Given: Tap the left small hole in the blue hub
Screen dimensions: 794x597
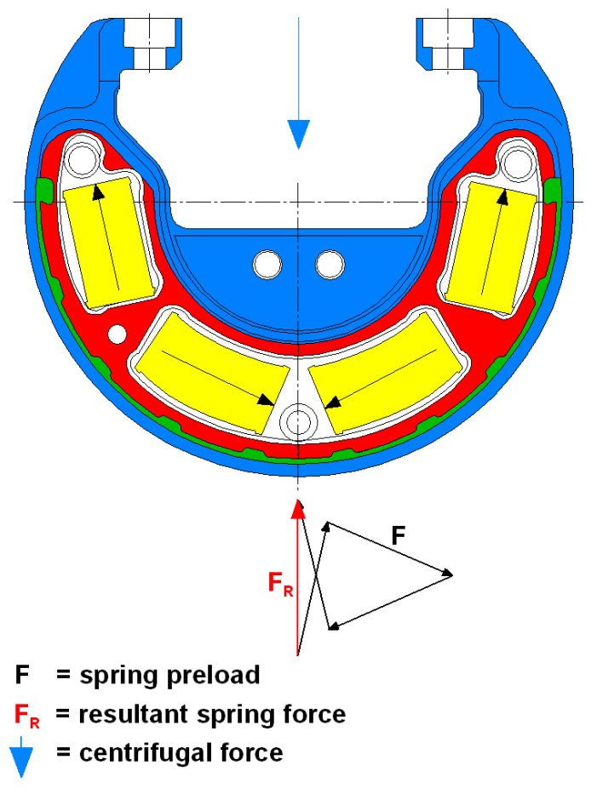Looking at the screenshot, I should click(x=267, y=265).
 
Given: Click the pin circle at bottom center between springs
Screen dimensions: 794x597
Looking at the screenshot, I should click(x=298, y=420).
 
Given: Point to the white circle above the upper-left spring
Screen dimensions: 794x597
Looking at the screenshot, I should click(x=83, y=158).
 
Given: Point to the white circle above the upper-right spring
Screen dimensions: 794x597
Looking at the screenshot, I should click(x=516, y=158).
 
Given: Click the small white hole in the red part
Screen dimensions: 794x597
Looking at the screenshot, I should click(x=118, y=331).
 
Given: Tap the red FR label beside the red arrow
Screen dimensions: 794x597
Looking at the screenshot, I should click(x=280, y=585).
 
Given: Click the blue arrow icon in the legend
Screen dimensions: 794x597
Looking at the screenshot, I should click(x=21, y=756).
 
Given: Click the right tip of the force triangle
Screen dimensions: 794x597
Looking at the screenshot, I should click(x=451, y=574).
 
